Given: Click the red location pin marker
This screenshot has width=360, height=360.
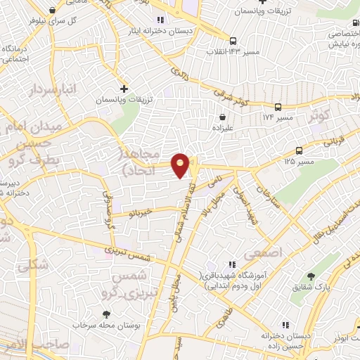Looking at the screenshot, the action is [x=181, y=165].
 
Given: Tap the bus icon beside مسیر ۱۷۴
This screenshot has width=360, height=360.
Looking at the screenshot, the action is [x=278, y=107].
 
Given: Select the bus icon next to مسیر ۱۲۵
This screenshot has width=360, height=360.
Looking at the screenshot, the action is [x=300, y=150].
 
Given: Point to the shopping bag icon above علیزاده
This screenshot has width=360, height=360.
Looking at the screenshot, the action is [x=223, y=117].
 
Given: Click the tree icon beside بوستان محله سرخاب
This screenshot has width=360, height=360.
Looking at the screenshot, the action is [x=106, y=314].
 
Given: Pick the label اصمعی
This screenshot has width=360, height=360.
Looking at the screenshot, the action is [x=262, y=251].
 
